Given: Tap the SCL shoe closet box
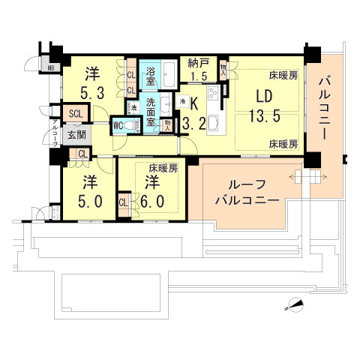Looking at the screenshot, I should pyautogui.click(x=76, y=114).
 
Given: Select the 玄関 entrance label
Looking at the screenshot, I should pyautogui.click(x=76, y=136).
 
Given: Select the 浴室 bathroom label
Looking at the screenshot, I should pyautogui.click(x=151, y=74).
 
